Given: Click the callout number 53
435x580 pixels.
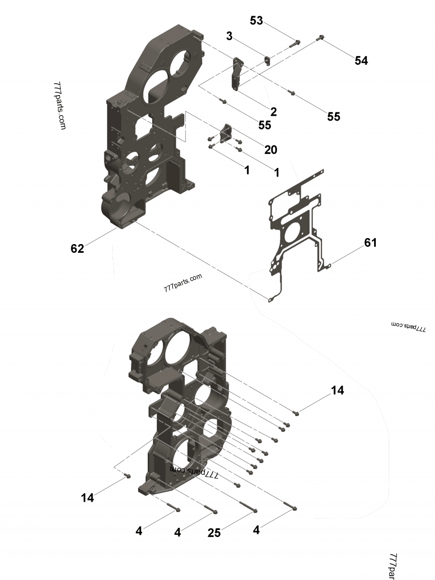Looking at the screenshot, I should click(x=256, y=21).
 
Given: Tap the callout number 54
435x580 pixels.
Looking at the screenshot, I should click(x=361, y=61).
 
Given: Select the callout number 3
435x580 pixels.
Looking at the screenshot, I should click(x=229, y=36).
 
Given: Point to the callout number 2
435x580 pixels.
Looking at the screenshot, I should click(x=274, y=112).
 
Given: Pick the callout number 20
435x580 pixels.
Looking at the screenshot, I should click(x=270, y=149).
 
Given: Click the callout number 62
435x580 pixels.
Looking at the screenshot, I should click(x=77, y=249).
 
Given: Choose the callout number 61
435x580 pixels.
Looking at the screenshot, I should click(x=370, y=242).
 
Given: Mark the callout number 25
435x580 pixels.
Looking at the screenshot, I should click(x=215, y=533).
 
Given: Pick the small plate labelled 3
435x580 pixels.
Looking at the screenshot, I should click(x=267, y=60).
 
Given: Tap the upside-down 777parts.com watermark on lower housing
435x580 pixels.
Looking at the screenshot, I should click(x=195, y=471).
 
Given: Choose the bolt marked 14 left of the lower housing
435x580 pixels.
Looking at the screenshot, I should click(x=128, y=476).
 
